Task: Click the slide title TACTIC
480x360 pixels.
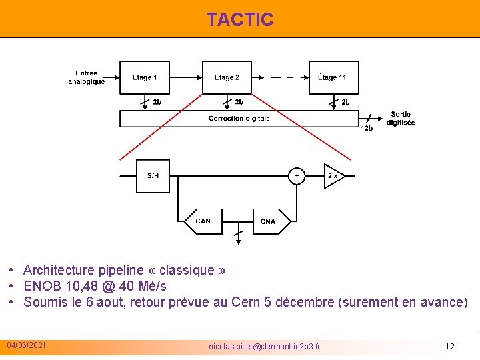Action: tap(240, 19)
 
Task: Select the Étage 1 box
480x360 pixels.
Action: tap(145, 77)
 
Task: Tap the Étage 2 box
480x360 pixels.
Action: tap(227, 77)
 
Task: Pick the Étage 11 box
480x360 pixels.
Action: tap(333, 77)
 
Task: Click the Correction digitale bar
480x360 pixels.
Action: tap(239, 119)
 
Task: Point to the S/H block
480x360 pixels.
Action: tap(153, 175)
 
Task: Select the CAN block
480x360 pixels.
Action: tap(203, 221)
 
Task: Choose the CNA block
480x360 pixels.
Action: tap(268, 221)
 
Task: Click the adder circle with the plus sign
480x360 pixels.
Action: tap(297, 175)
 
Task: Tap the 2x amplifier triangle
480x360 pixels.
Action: tap(333, 175)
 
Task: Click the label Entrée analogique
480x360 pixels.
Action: tap(87, 77)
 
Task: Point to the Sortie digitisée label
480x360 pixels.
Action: tap(401, 119)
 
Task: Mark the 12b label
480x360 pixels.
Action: tap(367, 129)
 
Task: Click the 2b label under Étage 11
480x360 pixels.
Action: tap(345, 102)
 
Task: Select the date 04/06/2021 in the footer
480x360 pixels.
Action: tap(27, 345)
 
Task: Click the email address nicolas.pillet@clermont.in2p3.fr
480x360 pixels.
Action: tap(264, 347)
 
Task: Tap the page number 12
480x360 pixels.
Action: tap(450, 347)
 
